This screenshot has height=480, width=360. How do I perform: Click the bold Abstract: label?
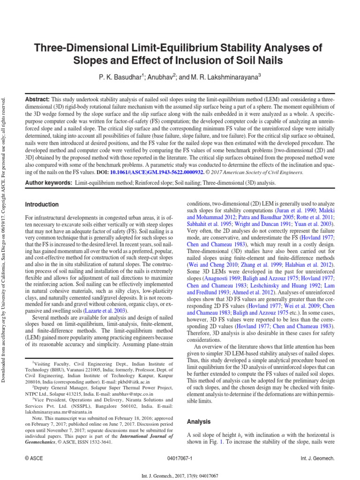[x=37, y=100]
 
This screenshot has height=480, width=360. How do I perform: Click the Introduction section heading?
[x=42, y=205]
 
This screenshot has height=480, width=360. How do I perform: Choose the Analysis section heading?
[x=199, y=409]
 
